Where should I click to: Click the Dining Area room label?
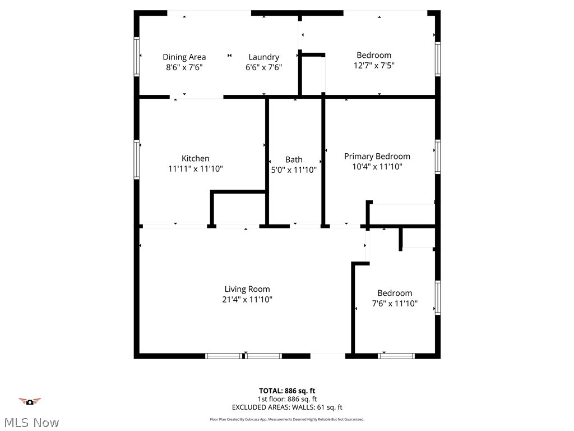pyautogui.click(x=184, y=57)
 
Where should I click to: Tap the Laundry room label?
pyautogui.click(x=263, y=57)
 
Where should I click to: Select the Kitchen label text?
pyautogui.click(x=195, y=158)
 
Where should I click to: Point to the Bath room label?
pyautogui.click(x=294, y=159)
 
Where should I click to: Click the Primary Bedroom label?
pyautogui.click(x=377, y=156)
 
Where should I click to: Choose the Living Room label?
pyautogui.click(x=247, y=289)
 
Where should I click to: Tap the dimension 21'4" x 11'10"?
pyautogui.click(x=247, y=300)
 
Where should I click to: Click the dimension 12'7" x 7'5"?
pyautogui.click(x=373, y=66)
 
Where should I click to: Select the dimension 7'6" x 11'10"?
pyautogui.click(x=395, y=304)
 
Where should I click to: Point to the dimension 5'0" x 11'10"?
pyautogui.click(x=294, y=169)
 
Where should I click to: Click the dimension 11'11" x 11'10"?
pyautogui.click(x=195, y=168)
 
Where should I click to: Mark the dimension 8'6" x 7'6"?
pyautogui.click(x=184, y=67)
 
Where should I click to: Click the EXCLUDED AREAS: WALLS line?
pyautogui.click(x=287, y=407)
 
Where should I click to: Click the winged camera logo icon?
pyautogui.click(x=30, y=401)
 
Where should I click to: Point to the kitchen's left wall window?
pyautogui.click(x=136, y=159)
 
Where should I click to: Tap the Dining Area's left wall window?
pyautogui.click(x=136, y=56)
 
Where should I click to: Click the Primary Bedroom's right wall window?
pyautogui.click(x=437, y=157)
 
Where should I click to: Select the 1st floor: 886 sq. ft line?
pyautogui.click(x=287, y=399)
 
